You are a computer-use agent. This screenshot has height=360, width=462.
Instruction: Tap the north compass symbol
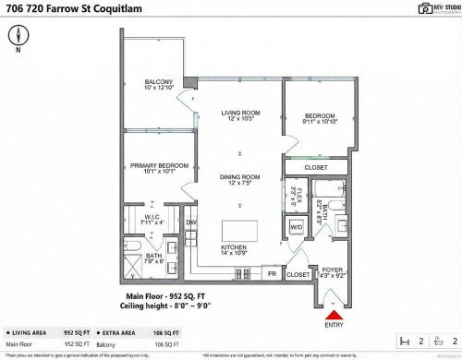coord(19,35)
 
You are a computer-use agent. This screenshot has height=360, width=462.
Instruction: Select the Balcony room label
coord(159,85)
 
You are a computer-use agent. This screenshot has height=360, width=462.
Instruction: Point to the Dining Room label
coord(238,179)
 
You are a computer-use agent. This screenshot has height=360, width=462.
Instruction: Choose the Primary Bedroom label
coord(159,168)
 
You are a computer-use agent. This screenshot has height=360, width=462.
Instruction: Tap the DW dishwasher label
coord(191,222)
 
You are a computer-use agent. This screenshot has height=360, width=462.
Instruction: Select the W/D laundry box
coord(297,226)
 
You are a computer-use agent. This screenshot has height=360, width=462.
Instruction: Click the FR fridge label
coord(273,274)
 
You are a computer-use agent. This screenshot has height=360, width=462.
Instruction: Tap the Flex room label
coord(297,196)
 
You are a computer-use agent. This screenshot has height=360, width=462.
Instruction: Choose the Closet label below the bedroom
coord(315,167)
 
